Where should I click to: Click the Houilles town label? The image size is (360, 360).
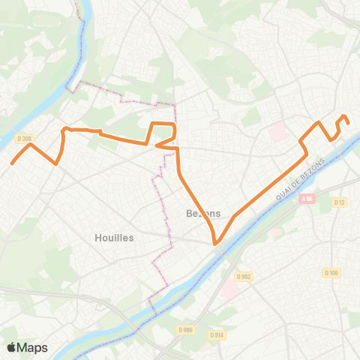point(114,237)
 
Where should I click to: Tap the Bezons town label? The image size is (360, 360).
point(202,213)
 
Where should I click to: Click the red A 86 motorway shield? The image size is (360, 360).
point(305,199)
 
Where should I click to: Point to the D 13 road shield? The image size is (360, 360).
point(340,202)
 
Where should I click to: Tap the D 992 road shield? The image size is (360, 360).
point(243,277)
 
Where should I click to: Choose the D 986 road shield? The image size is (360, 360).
point(186,329)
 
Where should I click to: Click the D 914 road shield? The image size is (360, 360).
point(217,334)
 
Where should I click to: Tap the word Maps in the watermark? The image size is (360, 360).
point(33,347)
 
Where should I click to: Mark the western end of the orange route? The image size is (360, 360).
point(12,163)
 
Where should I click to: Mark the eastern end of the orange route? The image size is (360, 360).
point(348,123)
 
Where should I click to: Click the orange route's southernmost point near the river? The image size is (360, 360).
point(215,244)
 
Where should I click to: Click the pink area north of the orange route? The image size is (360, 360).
point(277,132)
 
